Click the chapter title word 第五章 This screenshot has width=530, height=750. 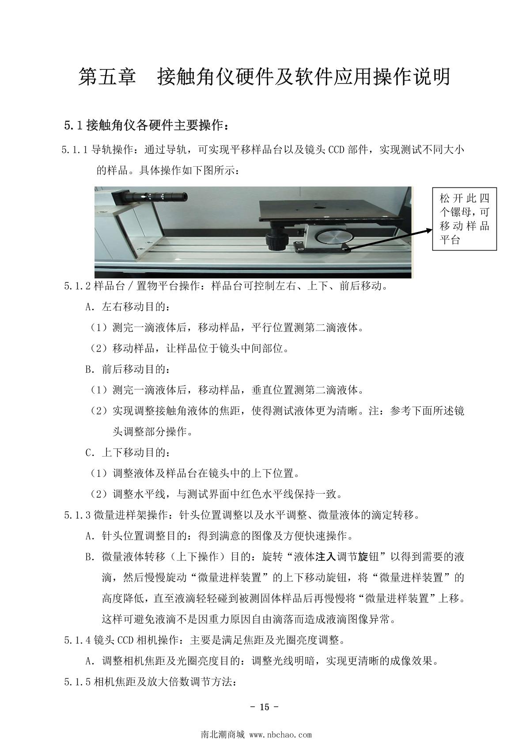coord(107,76)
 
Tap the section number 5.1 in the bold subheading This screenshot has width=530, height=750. coord(73,126)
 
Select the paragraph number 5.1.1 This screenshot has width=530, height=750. coord(75,150)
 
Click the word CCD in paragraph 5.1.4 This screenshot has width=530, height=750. coord(125,640)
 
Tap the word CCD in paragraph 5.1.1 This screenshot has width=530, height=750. coord(336,150)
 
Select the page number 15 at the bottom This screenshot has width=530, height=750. coord(264,707)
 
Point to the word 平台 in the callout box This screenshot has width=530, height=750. coord(450,240)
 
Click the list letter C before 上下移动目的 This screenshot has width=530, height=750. coord(90,453)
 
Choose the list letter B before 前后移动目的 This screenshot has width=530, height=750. coord(90,369)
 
